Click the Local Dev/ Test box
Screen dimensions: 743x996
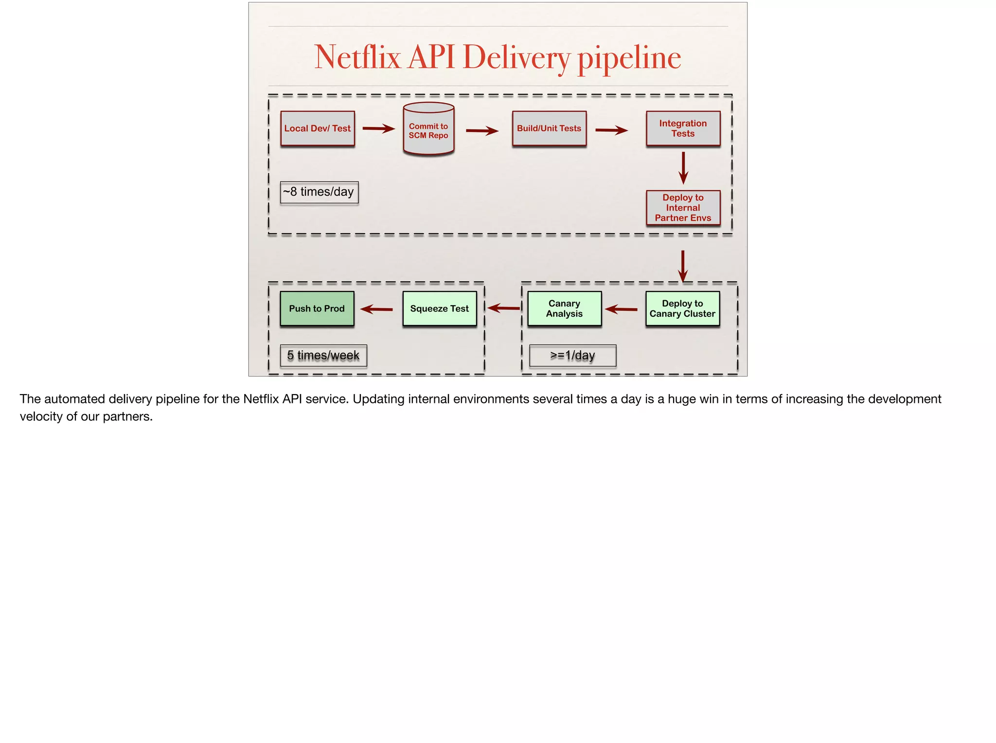pyautogui.click(x=318, y=128)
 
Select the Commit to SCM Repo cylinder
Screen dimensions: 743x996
pyautogui.click(x=428, y=130)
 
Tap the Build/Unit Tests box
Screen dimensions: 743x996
pyautogui.click(x=549, y=128)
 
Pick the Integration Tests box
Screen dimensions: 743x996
pyautogui.click(x=683, y=128)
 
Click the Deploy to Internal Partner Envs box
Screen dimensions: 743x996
pyautogui.click(x=683, y=208)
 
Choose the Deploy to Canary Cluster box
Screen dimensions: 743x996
pyautogui.click(x=682, y=308)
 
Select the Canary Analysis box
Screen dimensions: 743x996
pyautogui.click(x=564, y=308)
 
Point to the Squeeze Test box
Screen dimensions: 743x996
pyautogui.click(x=440, y=308)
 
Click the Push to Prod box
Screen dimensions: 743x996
pyautogui.click(x=317, y=308)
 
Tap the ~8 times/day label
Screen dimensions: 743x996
pyautogui.click(x=319, y=192)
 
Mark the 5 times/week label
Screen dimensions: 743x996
pyautogui.click(x=323, y=356)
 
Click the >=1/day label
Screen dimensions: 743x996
pyautogui.click(x=572, y=356)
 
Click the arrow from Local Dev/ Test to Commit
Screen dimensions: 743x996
pyautogui.click(x=378, y=129)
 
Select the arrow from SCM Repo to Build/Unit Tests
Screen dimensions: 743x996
pyautogui.click(x=482, y=130)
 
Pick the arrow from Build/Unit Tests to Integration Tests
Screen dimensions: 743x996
pyautogui.click(x=611, y=130)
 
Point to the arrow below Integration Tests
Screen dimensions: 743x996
pyautogui.click(x=683, y=168)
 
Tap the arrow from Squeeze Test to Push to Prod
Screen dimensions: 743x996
pyautogui.click(x=377, y=309)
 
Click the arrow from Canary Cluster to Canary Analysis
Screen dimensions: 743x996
pyautogui.click(x=622, y=309)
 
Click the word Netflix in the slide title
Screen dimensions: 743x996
pyautogui.click(x=357, y=57)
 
